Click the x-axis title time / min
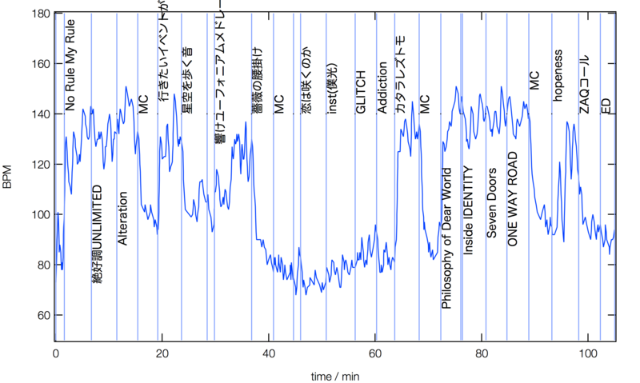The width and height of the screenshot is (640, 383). (334, 375)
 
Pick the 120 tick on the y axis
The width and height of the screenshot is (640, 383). (38, 165)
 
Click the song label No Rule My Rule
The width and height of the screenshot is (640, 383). (71, 77)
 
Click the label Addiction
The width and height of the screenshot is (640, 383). (382, 88)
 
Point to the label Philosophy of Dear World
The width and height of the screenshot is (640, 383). (447, 238)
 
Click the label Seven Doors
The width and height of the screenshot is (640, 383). (492, 204)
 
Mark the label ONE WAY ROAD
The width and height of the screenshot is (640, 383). (514, 198)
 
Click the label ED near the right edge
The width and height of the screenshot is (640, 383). (606, 104)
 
